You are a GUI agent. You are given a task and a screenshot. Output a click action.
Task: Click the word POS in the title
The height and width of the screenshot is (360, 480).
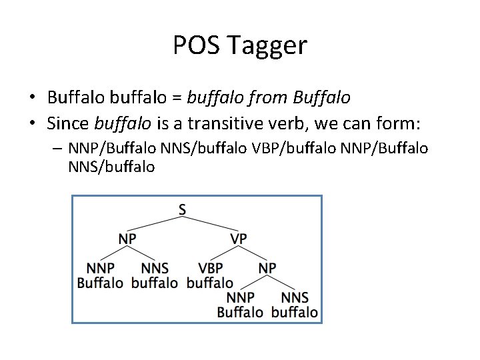(195, 45)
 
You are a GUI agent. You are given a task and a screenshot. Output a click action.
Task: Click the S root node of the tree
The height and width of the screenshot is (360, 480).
(182, 209)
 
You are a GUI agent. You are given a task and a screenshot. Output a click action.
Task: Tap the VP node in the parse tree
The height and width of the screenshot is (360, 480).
(239, 238)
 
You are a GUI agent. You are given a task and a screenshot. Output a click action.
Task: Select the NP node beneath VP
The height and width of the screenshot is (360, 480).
(267, 267)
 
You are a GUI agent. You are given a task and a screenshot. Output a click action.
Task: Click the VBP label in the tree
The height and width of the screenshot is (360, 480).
(210, 267)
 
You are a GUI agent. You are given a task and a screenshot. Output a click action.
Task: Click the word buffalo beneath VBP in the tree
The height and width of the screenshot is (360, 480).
(210, 283)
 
